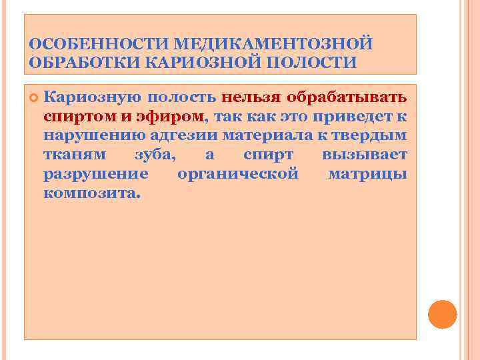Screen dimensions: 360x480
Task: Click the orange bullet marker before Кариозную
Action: (33, 97)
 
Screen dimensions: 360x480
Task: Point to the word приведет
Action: (355, 116)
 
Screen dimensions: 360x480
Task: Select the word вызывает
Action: (364, 155)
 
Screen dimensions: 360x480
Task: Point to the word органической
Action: (237, 175)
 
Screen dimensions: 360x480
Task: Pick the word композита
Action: (92, 194)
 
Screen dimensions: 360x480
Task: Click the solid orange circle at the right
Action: (442, 314)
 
